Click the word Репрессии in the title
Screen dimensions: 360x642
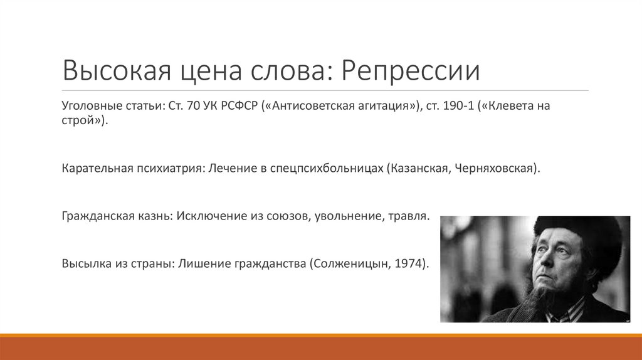click(411, 71)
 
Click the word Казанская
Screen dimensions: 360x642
click(419, 169)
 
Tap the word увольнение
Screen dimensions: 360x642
click(342, 216)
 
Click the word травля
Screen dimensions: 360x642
click(407, 216)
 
